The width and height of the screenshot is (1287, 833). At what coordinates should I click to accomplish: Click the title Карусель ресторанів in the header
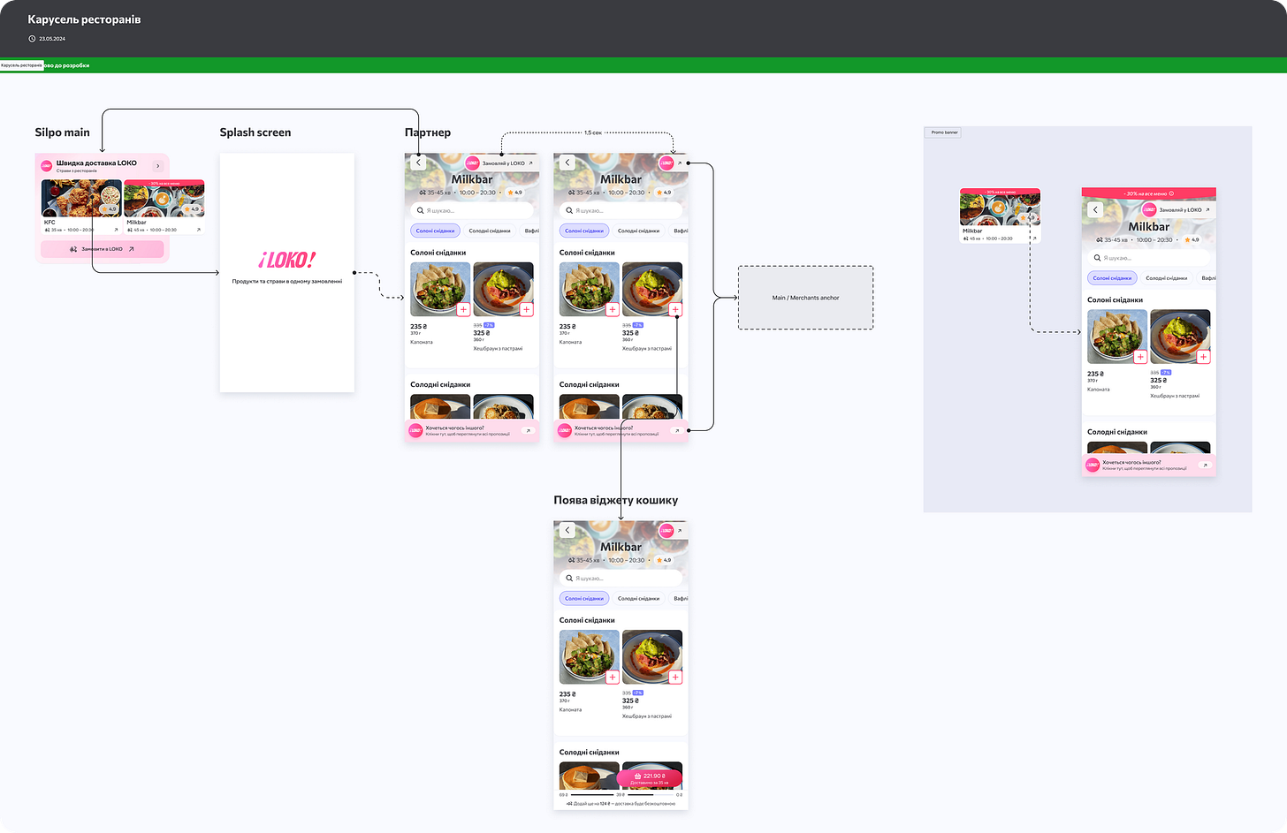pyautogui.click(x=84, y=19)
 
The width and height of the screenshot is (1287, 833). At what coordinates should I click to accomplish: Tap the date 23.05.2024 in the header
pyautogui.click(x=52, y=39)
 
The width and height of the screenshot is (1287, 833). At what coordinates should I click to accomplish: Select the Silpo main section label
pyautogui.click(x=62, y=133)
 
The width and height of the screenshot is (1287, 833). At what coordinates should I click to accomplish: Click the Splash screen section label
pyautogui.click(x=255, y=133)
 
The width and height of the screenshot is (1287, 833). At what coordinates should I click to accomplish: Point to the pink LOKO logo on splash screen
pyautogui.click(x=286, y=261)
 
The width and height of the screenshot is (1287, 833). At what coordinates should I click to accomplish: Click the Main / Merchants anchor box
pyautogui.click(x=805, y=298)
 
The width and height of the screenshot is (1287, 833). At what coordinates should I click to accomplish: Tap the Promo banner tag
pyautogui.click(x=944, y=133)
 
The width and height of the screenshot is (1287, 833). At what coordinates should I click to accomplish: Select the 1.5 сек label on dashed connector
pyautogui.click(x=592, y=133)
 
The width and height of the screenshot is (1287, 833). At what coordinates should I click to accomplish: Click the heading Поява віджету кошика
pyautogui.click(x=615, y=500)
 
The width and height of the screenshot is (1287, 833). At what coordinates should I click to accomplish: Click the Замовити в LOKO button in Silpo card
pyautogui.click(x=102, y=249)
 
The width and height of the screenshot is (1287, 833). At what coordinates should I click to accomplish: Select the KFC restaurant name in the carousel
pyautogui.click(x=49, y=223)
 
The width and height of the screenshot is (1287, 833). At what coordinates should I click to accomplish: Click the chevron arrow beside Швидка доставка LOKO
pyautogui.click(x=158, y=165)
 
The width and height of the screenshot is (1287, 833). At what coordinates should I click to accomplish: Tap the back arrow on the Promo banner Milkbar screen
pyautogui.click(x=1096, y=209)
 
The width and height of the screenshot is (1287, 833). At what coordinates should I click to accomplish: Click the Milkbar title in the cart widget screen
pyautogui.click(x=621, y=547)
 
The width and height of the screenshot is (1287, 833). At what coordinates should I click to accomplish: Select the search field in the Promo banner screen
pyautogui.click(x=1148, y=258)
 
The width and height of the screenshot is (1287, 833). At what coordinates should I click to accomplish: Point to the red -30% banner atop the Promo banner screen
pyautogui.click(x=1148, y=193)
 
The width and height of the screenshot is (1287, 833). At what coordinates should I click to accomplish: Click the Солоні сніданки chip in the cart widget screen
pyautogui.click(x=583, y=598)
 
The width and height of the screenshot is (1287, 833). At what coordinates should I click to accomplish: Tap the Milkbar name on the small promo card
pyautogui.click(x=972, y=231)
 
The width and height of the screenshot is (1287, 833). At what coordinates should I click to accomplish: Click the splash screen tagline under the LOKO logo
pyautogui.click(x=286, y=281)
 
